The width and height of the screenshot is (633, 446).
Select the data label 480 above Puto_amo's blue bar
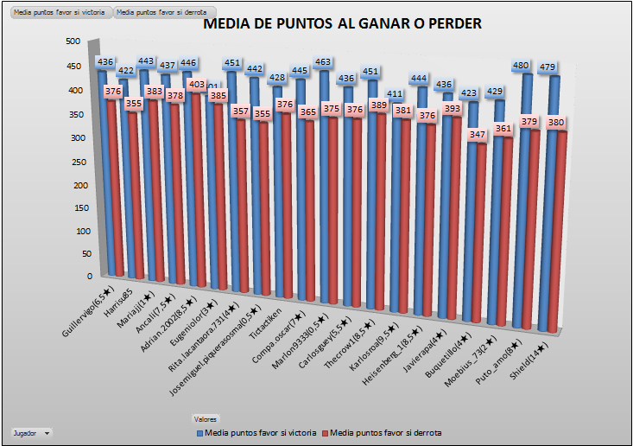[x=520, y=66]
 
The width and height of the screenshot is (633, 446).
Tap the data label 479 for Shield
[x=548, y=67]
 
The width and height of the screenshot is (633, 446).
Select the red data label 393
[x=452, y=109]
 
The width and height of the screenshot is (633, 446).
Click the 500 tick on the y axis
[x=73, y=41]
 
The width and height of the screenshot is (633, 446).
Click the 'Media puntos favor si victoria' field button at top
[x=60, y=13]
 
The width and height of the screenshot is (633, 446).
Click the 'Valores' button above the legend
[x=206, y=418]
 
